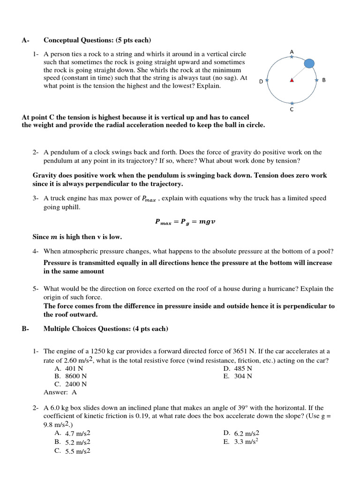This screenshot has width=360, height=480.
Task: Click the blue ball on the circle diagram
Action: pos(309,63)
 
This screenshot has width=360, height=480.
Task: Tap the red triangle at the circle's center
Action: pos(292,80)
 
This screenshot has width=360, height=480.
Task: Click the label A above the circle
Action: pos(292,51)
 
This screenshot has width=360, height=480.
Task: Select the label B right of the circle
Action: pos(323,80)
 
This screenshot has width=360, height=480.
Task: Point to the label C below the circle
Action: pos(292,110)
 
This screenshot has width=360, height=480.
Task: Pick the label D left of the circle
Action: pos(261,81)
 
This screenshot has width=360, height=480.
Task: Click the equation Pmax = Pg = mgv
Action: pos(185,222)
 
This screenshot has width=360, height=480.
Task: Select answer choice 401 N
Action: pos(74,368)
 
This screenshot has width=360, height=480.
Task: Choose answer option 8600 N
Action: pos(76,376)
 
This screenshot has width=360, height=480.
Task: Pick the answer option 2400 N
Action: pos(76,384)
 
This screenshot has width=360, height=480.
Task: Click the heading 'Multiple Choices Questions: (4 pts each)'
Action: pos(105,329)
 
